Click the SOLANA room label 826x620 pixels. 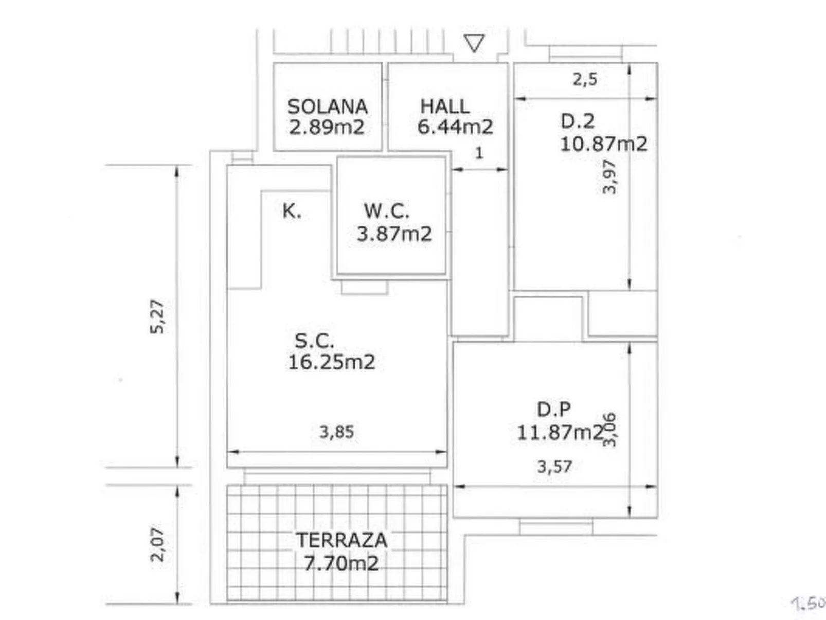click(327, 107)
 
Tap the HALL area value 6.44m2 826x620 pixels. click(455, 127)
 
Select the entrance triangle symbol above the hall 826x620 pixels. click(474, 43)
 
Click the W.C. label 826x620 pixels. click(386, 211)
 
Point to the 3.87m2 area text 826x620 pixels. click(394, 234)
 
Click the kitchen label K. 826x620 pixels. click(292, 211)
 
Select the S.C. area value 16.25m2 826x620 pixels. click(331, 362)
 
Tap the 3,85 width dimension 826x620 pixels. click(336, 432)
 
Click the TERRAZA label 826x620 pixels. click(341, 540)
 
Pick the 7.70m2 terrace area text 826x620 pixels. click(341, 563)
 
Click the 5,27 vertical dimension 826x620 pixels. click(157, 316)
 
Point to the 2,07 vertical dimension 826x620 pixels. click(157, 544)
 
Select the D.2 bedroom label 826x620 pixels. click(577, 121)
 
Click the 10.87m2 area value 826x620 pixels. click(603, 144)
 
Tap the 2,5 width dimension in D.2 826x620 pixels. click(585, 79)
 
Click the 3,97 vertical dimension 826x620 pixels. click(609, 176)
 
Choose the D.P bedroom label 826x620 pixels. click(553, 410)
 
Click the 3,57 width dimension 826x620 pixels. click(554, 467)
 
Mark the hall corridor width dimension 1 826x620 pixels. click(479, 153)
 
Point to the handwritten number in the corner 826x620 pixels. click(809, 603)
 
